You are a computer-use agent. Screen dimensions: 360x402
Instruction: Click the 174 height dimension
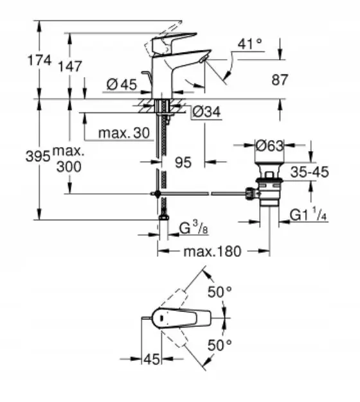coord(39,61)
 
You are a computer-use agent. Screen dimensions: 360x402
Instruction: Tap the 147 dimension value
coord(70,66)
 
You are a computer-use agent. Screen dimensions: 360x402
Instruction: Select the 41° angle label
coord(249,44)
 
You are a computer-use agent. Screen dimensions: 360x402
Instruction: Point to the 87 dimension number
coord(280,80)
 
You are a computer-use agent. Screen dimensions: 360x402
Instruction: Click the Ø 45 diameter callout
coord(122,84)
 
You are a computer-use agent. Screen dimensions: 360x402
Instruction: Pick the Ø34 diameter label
coord(206,112)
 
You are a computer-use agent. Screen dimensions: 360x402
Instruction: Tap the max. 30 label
coord(124,133)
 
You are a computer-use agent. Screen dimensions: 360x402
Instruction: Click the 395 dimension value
coord(38,155)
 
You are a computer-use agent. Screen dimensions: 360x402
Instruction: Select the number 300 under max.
coord(69,166)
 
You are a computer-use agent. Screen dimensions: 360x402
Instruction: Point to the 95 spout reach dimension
coord(183,162)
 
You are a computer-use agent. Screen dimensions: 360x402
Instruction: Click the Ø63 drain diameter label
coord(269,146)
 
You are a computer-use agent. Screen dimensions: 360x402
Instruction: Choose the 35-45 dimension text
coord(309,171)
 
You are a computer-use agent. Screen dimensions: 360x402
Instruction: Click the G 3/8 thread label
coord(194,228)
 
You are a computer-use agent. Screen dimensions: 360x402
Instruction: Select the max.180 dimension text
coord(212,252)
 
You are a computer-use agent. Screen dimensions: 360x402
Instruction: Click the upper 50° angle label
coord(220,292)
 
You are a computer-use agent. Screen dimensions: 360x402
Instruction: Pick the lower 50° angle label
coord(220,345)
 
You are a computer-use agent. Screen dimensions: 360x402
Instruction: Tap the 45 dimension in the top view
coord(152,359)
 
